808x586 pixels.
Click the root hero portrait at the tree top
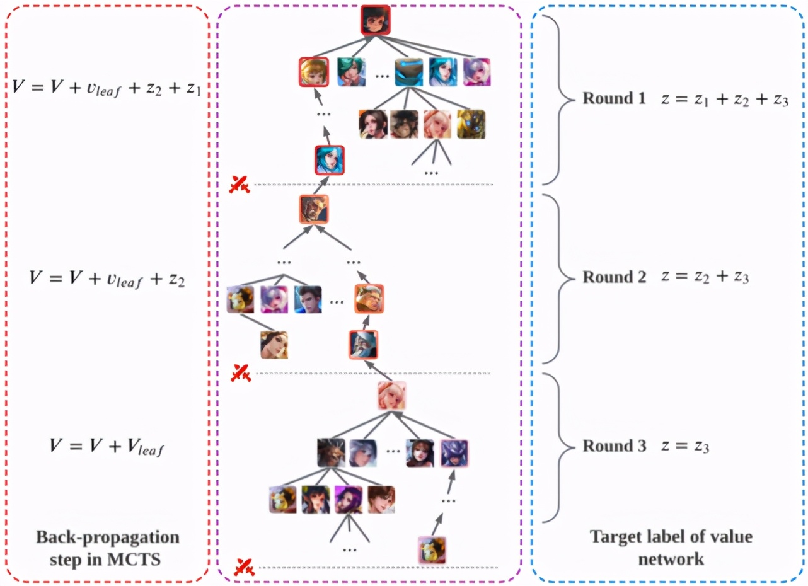376,20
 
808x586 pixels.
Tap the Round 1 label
614,98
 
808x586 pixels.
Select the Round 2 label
615,277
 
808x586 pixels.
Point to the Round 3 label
615,445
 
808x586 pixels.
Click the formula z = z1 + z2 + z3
724,99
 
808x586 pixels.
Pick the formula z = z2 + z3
705,277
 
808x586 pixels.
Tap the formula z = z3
685,447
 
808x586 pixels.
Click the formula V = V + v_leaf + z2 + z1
107,88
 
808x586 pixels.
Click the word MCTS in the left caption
134,560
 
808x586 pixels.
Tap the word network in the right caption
671,560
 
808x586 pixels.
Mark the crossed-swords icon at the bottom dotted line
244,567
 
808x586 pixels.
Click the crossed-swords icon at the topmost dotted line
240,185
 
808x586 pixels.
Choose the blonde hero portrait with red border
313,72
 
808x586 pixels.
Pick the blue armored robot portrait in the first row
408,72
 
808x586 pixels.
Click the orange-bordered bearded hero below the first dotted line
314,209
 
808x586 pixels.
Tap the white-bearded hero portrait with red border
363,345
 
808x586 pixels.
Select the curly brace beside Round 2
558,279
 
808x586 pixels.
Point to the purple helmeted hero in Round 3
454,453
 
